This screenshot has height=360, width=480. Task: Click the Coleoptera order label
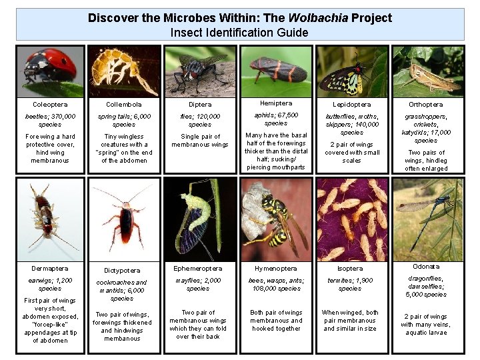[x=50, y=105]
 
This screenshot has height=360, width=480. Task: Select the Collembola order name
[x=124, y=105]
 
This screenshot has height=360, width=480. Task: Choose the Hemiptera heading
[x=275, y=103]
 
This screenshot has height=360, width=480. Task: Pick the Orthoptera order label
[x=426, y=105]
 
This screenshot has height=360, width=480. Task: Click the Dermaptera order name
[x=50, y=269]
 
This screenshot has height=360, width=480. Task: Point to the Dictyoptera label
[x=124, y=271]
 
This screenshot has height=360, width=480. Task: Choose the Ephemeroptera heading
[x=199, y=269]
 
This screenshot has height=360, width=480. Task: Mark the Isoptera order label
[x=350, y=269]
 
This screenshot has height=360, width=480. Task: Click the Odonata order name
[x=426, y=267]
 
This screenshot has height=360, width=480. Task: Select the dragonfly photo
[x=427, y=217]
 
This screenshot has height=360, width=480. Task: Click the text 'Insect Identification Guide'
[x=239, y=32]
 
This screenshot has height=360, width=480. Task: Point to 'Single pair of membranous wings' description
[x=200, y=141]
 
